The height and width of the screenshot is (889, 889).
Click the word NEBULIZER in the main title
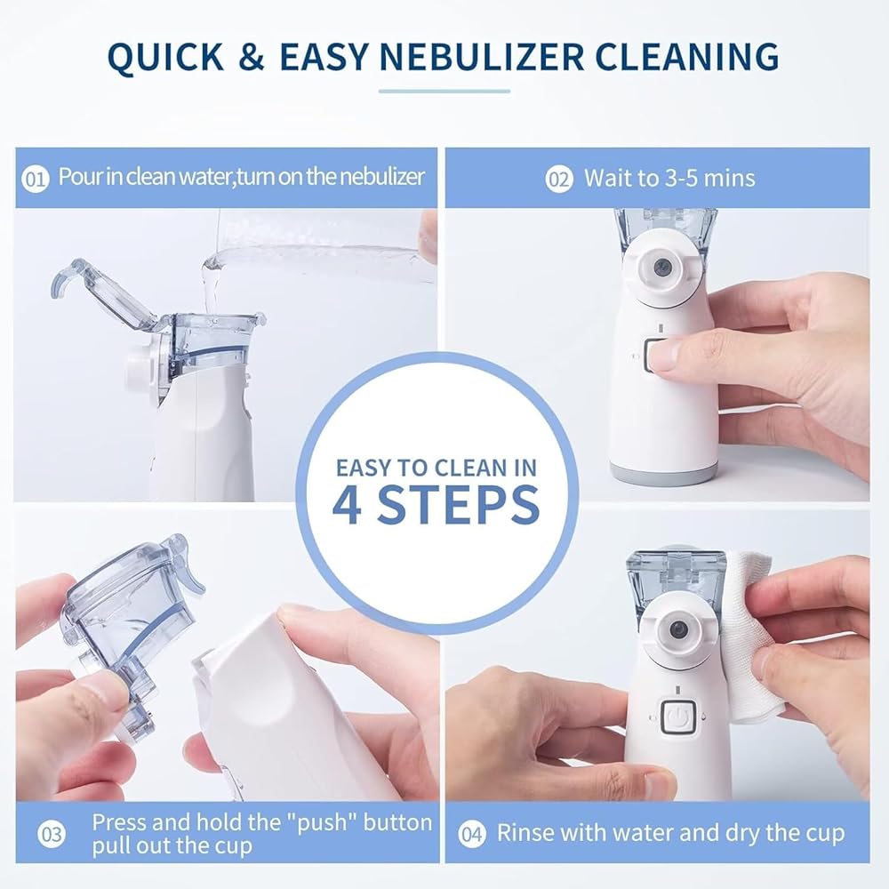(x=482, y=57)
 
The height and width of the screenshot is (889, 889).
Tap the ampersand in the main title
(x=252, y=57)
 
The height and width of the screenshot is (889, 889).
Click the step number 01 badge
(x=36, y=180)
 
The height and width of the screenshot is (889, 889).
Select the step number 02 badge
(x=559, y=180)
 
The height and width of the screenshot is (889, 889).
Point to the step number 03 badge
(x=52, y=834)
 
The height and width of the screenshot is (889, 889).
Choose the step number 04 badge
(x=472, y=834)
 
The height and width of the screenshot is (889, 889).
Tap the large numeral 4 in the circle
(x=347, y=503)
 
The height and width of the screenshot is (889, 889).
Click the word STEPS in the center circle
(x=458, y=503)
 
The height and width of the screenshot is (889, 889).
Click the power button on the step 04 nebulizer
(x=678, y=717)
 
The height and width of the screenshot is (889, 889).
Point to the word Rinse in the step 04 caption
(x=522, y=833)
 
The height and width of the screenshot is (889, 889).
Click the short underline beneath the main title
(x=444, y=91)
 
